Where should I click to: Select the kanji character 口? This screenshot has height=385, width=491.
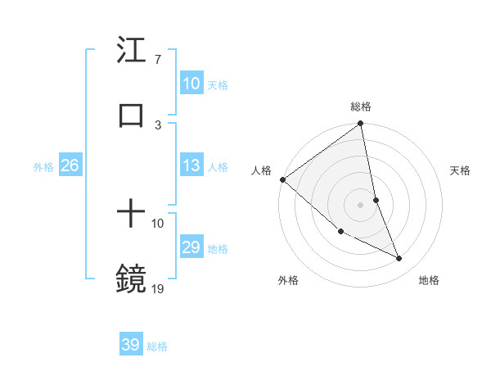[x=132, y=115]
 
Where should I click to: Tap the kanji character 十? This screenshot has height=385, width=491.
[x=132, y=215]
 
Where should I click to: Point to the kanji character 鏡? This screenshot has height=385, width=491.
[x=132, y=279]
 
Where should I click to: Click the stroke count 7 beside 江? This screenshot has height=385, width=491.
[x=157, y=60]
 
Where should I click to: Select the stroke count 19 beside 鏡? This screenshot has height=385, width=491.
[x=157, y=288]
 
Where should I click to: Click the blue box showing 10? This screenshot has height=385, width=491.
[x=191, y=84]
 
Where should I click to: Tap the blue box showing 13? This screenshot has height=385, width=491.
[x=191, y=166]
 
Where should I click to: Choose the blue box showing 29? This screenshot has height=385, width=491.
[x=191, y=247]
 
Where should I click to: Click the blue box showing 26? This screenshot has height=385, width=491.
[x=70, y=166]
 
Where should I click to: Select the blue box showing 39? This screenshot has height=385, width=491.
[x=130, y=345]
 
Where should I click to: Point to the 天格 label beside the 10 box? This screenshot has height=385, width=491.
[x=217, y=84]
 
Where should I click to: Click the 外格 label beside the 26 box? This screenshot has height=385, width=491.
[x=43, y=167]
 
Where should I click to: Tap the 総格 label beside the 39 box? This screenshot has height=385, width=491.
[x=157, y=346]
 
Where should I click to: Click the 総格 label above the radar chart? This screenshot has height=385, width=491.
[x=361, y=106]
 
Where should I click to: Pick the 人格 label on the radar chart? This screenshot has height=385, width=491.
[x=261, y=170]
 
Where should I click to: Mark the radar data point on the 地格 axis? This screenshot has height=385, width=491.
[x=399, y=259]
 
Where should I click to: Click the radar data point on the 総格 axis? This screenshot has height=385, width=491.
[x=361, y=125]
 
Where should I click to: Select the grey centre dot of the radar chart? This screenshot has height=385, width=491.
[x=361, y=205]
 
